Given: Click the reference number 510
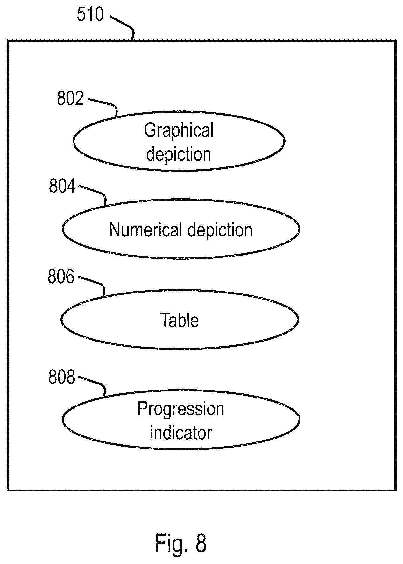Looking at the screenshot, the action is pos(90,15).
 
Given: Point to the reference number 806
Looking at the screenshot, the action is pos(61,276).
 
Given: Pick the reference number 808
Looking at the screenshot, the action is pos(62,377).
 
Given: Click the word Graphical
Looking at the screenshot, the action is pos(179,131).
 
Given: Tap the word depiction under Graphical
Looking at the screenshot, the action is pos(179,154).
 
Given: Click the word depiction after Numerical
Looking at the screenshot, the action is pos(220,229).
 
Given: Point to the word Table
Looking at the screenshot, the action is pos(180,320).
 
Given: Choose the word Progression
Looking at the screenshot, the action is pos(181,409).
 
